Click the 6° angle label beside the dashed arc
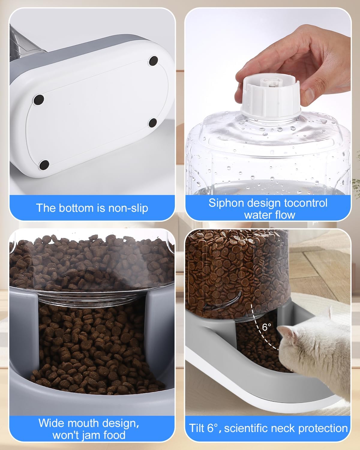[266, 327]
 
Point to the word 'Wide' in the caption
[51, 423]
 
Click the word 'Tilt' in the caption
[197, 428]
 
